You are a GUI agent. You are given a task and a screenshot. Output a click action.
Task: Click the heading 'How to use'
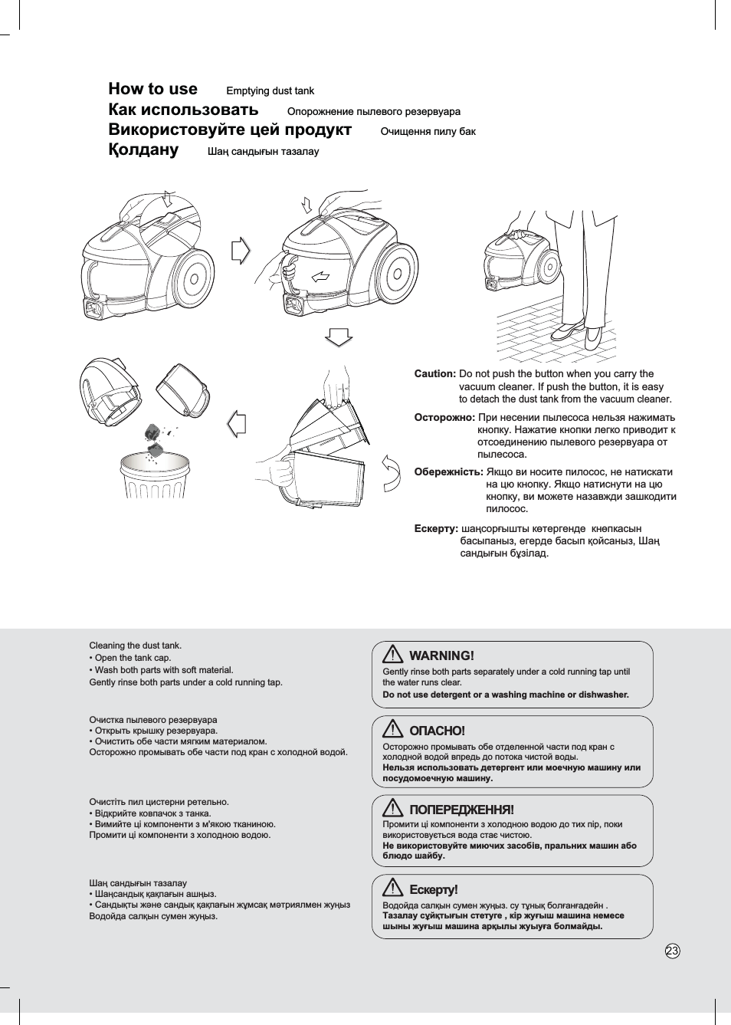tap(152, 89)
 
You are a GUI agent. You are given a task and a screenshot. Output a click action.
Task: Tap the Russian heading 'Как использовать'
tap(183, 110)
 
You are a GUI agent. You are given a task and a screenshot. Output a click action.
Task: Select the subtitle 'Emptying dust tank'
tap(270, 91)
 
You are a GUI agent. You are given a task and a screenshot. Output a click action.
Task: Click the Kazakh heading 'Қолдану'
tap(143, 149)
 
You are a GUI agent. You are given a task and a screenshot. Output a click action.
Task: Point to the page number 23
tap(672, 951)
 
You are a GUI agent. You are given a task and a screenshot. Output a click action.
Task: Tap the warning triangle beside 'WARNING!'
tap(392, 654)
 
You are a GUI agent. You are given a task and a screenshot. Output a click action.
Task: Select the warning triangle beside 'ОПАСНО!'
tap(392, 729)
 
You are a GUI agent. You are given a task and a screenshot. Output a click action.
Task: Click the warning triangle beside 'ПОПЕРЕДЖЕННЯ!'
tap(392, 808)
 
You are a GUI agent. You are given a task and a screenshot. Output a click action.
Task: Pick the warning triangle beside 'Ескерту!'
tap(392, 888)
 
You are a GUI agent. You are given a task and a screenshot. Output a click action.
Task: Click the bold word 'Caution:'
tap(434, 374)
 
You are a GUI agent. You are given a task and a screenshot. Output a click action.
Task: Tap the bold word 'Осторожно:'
tap(444, 418)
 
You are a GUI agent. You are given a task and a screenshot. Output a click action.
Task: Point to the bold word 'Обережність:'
tap(448, 472)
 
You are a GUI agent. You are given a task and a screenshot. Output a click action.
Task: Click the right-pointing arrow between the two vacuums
tap(241, 250)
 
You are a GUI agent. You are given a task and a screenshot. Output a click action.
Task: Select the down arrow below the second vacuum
tap(339, 337)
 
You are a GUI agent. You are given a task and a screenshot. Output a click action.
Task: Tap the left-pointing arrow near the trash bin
tap(238, 423)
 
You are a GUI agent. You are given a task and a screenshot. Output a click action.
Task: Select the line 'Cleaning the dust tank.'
tap(136, 646)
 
